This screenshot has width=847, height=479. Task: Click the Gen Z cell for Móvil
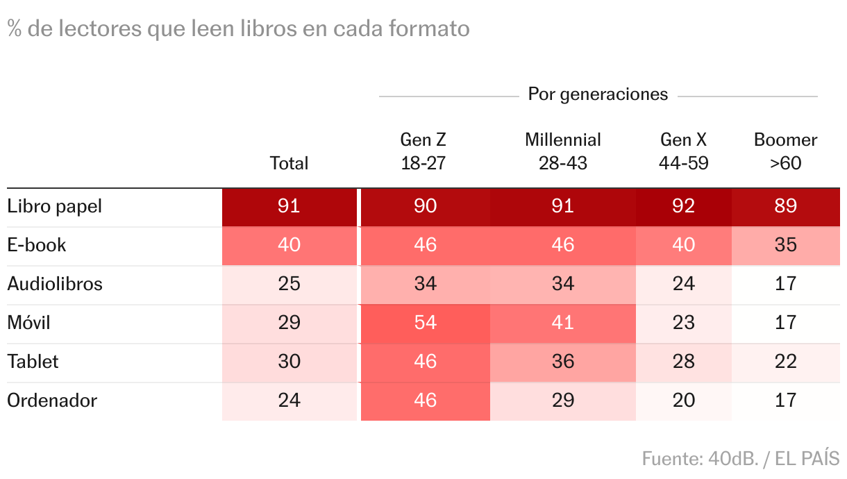coord(424,323)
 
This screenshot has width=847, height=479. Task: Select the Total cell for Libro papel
coord(289,206)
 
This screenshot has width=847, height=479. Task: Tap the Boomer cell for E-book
coord(785,245)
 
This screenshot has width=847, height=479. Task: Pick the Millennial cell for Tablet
coord(562,362)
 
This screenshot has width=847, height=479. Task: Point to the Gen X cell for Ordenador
coord(684,401)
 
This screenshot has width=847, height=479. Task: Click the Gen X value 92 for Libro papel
coord(684,206)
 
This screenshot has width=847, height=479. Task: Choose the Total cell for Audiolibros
coord(289,284)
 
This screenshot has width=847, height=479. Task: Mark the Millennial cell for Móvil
coord(562,323)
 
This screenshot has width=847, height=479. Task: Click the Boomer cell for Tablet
coord(785,362)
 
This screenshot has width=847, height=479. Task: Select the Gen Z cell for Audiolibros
coord(424,284)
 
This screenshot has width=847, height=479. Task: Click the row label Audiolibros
coord(55,284)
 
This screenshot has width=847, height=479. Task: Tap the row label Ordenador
coord(52,401)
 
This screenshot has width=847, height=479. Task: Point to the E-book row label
coord(37,245)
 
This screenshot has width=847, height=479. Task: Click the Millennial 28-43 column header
coord(562,151)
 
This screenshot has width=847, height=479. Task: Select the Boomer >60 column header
coord(785,151)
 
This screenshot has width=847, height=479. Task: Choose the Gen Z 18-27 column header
coord(423,151)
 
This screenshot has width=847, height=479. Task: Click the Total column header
coord(289,163)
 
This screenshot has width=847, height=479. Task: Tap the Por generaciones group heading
coord(598,94)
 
